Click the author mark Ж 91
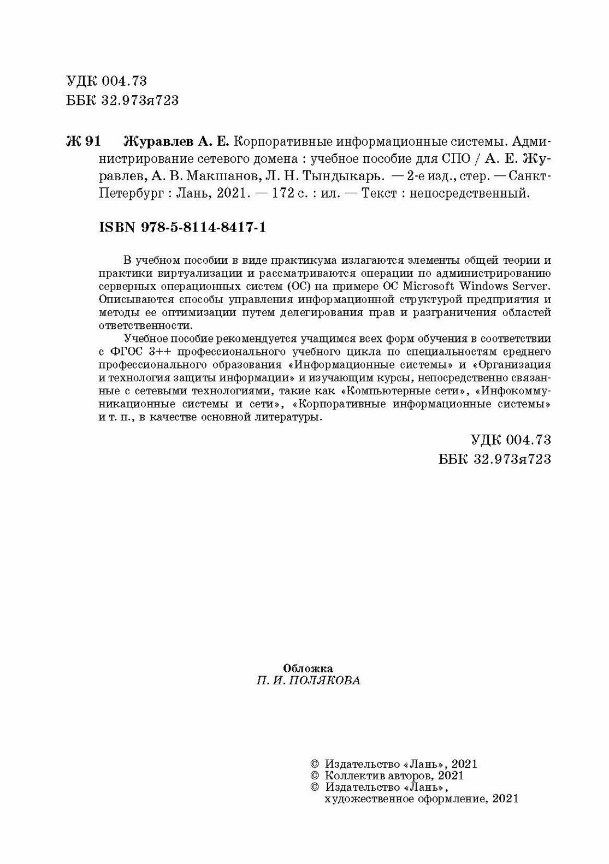pyautogui.click(x=83, y=141)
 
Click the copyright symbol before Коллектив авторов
pyautogui.click(x=314, y=776)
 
